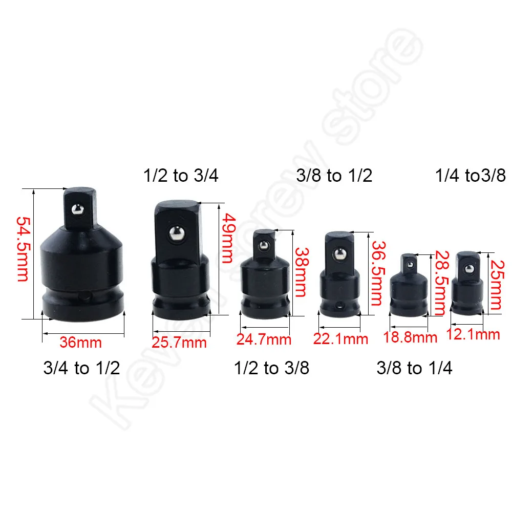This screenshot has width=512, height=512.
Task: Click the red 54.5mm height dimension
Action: point(23,249)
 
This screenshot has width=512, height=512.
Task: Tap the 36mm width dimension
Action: point(81,342)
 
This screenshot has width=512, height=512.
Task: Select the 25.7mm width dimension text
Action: point(179,343)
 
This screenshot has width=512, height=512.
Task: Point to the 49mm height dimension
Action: point(228,238)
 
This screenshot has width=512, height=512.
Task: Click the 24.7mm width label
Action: point(264,339)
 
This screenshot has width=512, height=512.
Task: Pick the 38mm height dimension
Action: point(302,272)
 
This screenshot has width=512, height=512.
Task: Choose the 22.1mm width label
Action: point(340,339)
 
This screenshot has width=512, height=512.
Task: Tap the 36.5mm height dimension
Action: point(378,273)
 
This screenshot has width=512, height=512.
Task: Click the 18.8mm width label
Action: point(410,337)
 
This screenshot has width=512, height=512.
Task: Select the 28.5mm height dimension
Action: point(442,283)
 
